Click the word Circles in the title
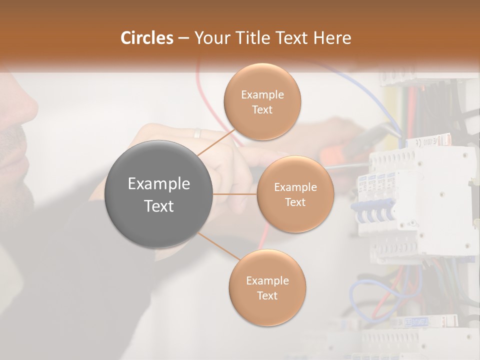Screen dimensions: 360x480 click(146, 38)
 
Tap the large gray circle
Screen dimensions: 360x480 click(159, 194)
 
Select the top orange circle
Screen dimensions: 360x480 click(262, 101)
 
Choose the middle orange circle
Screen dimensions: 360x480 click(295, 194)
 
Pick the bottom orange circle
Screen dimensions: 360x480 click(267, 287)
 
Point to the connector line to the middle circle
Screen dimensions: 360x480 click(235, 194)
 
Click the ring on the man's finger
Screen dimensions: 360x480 click(197, 133)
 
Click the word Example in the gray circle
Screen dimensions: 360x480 click(159, 184)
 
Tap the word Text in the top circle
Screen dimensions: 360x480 click(262, 109)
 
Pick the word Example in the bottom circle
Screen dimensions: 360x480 click(267, 280)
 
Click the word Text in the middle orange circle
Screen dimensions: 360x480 click(295, 202)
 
